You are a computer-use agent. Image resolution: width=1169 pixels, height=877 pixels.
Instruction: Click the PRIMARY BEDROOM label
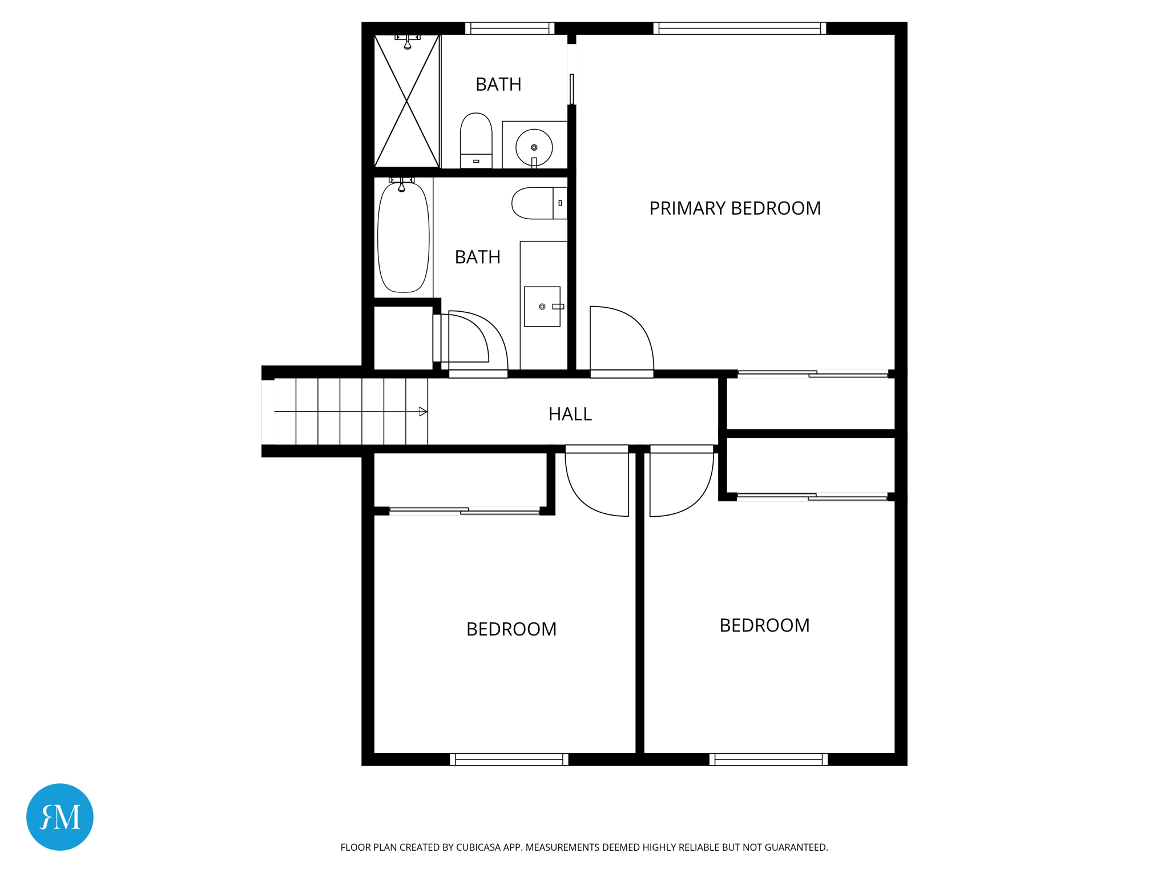(735, 208)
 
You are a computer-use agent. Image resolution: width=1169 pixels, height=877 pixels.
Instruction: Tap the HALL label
(570, 414)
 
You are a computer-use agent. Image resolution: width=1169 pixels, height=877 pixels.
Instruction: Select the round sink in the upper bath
(534, 147)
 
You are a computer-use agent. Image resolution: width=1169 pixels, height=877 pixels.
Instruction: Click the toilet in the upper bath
(476, 140)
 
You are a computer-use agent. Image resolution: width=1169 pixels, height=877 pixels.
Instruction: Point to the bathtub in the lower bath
(403, 238)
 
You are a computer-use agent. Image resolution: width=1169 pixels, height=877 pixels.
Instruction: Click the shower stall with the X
(406, 101)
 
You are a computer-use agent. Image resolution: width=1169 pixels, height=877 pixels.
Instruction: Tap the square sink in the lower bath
(542, 307)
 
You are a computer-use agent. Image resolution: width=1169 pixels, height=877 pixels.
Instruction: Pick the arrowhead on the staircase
(423, 412)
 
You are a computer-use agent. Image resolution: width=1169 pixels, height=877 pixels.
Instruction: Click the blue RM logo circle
(60, 816)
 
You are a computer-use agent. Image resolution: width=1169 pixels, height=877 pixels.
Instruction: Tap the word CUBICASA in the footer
(478, 847)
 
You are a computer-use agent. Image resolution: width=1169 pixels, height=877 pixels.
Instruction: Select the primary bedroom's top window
(739, 29)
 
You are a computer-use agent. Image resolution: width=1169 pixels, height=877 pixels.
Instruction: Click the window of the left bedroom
(509, 759)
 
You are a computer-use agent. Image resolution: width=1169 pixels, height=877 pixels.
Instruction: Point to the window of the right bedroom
(768, 759)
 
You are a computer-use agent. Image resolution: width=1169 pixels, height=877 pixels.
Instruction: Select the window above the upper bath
(510, 29)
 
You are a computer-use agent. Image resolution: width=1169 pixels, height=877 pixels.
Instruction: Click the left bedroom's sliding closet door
(464, 511)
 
